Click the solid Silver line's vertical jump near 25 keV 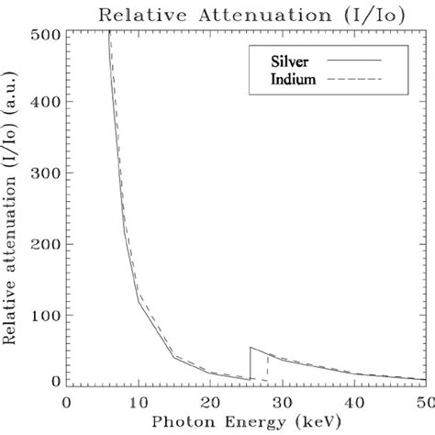[x=250, y=363]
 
